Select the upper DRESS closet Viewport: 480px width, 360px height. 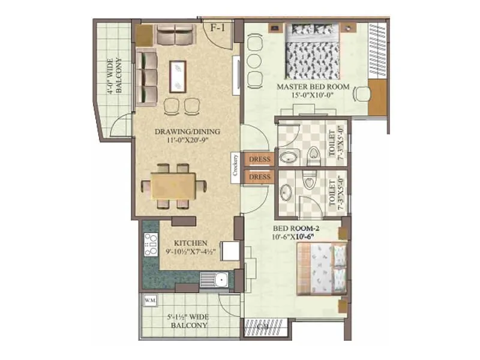pos(260,159)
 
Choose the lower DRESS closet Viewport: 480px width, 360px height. pos(260,178)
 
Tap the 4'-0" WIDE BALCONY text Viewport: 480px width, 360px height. pos(114,76)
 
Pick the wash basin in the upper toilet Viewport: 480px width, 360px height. pos(289,157)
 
